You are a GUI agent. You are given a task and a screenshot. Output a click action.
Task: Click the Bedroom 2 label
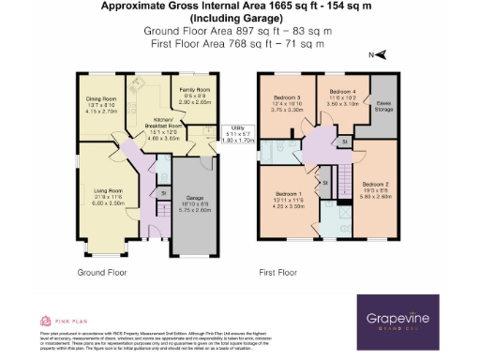coord(374,188)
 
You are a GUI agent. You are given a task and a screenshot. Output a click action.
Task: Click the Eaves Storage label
coord(383,106)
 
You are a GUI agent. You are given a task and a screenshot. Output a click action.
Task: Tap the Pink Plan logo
coord(54,319)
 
